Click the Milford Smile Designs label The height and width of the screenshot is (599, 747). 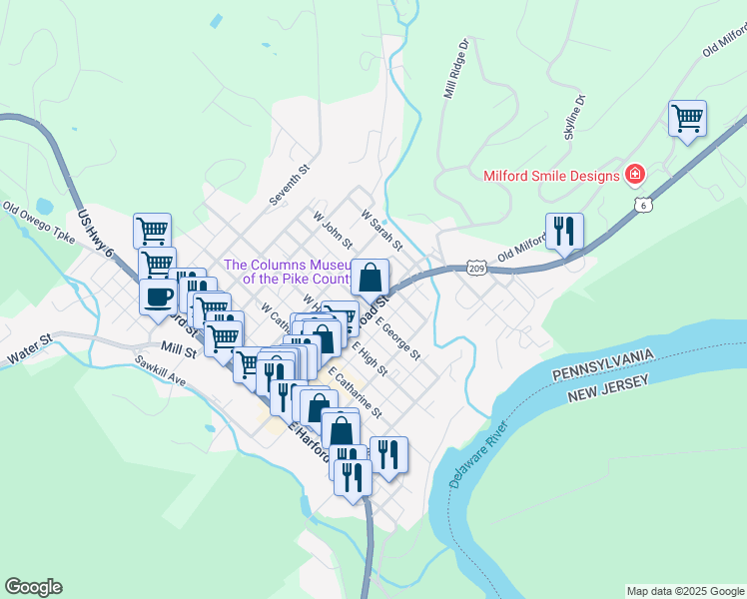click(552, 176)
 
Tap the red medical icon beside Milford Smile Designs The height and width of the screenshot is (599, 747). click(634, 175)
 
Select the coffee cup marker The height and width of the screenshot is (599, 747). click(159, 297)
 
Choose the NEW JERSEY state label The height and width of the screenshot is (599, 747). click(608, 389)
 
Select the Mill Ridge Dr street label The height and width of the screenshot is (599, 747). click(455, 69)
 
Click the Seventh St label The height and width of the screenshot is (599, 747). click(290, 185)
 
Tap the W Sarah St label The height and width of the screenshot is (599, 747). click(381, 230)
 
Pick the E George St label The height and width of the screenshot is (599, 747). click(398, 339)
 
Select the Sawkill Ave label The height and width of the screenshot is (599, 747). click(162, 373)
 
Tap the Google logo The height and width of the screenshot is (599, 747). click(33, 587)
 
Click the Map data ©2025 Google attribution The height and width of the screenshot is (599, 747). click(685, 591)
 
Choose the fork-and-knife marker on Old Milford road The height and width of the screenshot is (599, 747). click(564, 232)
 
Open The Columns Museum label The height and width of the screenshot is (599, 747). click(287, 272)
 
